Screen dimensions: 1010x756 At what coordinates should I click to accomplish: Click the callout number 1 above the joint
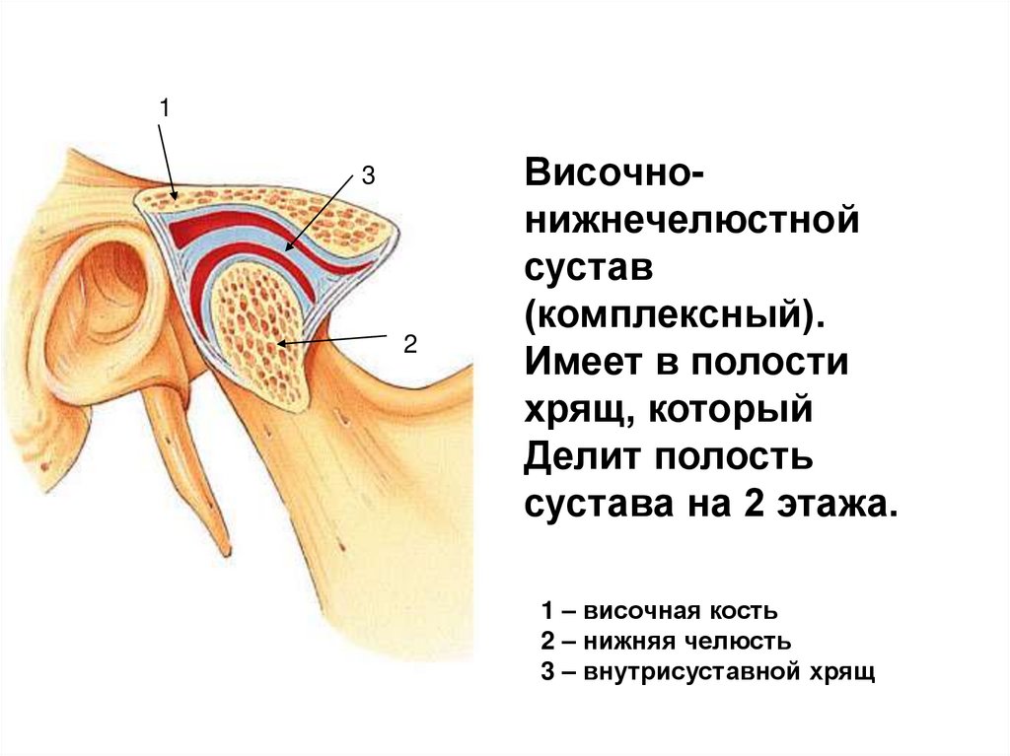tap(165, 108)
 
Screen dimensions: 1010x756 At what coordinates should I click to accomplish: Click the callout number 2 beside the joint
tap(410, 344)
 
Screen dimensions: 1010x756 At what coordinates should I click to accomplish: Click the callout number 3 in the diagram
tap(367, 177)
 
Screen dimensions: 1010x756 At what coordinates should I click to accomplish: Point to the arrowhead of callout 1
tap(175, 199)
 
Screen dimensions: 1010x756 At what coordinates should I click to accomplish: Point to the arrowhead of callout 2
tap(279, 344)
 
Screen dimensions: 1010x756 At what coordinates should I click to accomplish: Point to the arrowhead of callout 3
tap(284, 251)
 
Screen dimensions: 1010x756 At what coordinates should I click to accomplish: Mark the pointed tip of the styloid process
tap(226, 553)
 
